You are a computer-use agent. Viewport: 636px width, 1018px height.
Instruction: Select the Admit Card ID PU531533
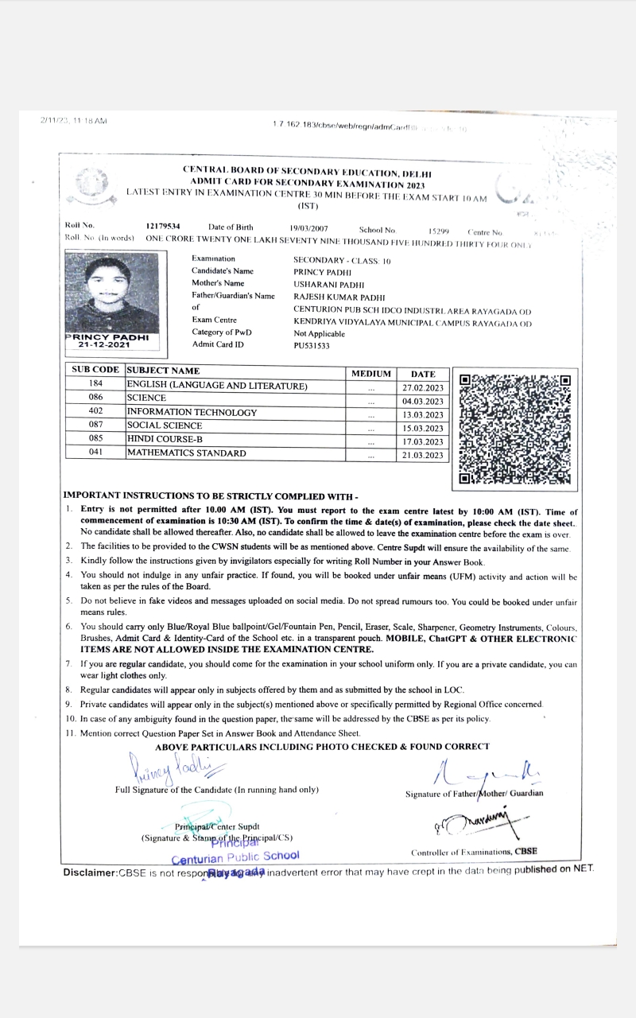click(x=312, y=346)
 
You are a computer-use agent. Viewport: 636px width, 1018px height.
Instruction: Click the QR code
click(x=515, y=429)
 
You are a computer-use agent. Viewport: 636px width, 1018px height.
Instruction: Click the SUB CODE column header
click(x=95, y=371)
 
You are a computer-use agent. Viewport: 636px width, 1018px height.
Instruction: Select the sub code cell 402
click(x=95, y=412)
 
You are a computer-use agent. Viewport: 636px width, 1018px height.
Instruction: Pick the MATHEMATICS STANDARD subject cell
click(x=187, y=453)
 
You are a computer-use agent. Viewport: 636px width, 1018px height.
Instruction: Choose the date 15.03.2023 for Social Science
click(x=424, y=429)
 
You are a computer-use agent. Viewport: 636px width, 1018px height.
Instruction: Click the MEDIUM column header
click(x=370, y=374)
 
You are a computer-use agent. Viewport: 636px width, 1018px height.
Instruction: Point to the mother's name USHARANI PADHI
click(x=329, y=284)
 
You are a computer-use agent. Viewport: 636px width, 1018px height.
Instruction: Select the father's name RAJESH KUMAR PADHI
click(x=339, y=297)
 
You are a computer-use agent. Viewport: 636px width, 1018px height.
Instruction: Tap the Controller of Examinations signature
click(x=485, y=824)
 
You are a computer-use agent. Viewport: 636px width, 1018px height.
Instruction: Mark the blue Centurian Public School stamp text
click(x=235, y=857)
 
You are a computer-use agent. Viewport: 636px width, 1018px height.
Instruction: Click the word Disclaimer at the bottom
click(x=90, y=872)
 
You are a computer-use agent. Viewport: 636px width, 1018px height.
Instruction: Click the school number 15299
click(x=439, y=231)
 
